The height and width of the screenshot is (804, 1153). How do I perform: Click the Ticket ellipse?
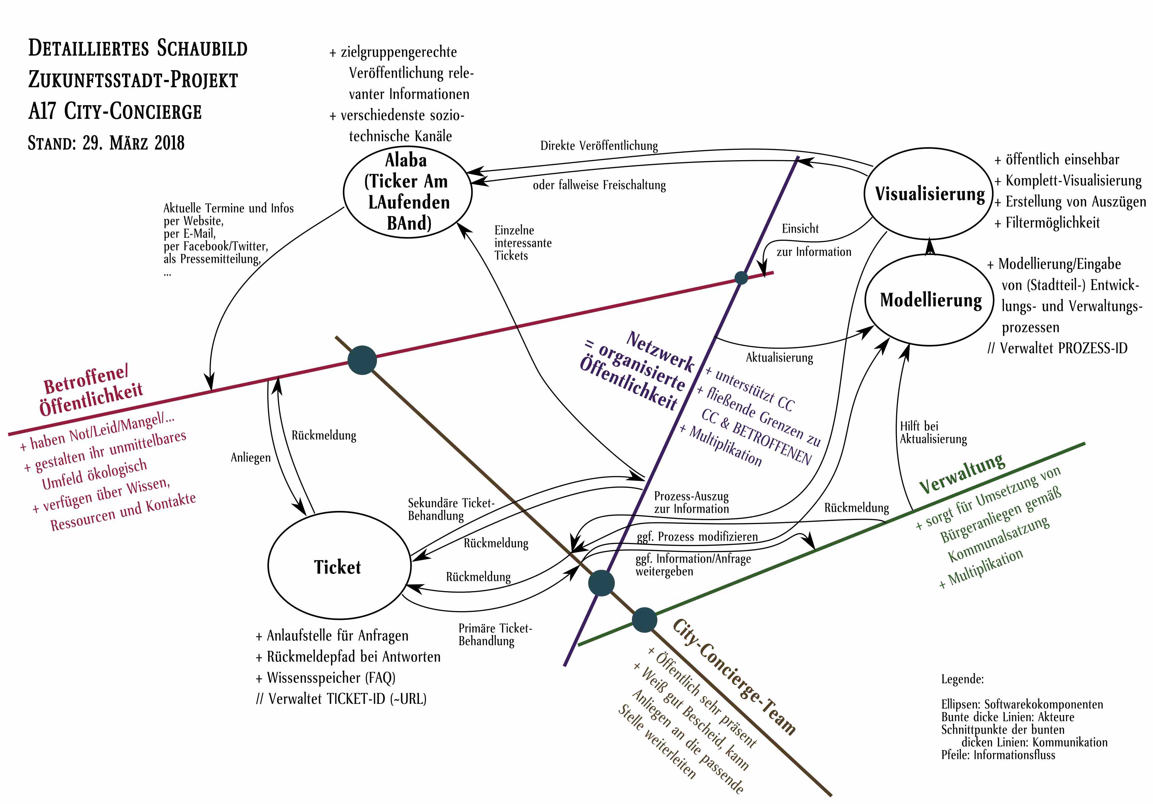point(339,566)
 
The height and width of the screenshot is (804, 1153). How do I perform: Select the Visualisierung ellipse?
point(929,194)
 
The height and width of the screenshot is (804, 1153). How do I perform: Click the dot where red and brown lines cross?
point(362,360)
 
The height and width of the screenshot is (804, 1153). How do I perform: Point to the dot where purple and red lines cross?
point(741,277)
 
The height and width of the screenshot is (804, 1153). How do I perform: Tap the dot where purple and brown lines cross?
point(601,583)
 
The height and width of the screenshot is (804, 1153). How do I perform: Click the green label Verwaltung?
point(962,472)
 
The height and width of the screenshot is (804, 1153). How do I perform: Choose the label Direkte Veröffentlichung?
point(599,146)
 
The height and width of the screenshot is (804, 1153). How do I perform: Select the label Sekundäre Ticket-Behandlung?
point(451,509)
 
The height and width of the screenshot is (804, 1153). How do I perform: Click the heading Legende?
point(962,679)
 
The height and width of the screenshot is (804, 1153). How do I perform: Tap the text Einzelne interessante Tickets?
point(522,243)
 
